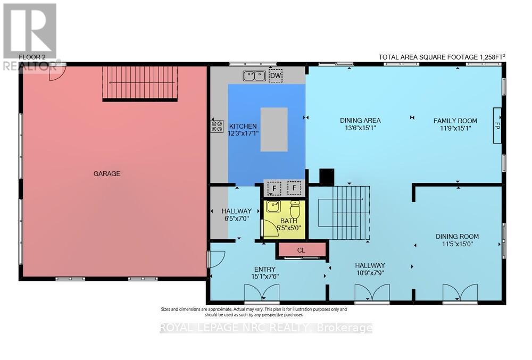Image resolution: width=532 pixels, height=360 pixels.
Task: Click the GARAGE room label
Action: tap(107, 173)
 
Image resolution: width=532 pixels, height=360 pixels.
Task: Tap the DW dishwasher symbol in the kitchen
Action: tap(275, 76)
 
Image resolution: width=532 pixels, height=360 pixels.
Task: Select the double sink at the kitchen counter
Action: tap(254, 76)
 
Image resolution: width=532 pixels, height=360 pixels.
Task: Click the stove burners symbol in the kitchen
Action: tap(217, 126)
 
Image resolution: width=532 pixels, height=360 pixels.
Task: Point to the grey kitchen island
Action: tap(274, 129)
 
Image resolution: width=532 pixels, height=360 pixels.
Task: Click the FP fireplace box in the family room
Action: tap(497, 125)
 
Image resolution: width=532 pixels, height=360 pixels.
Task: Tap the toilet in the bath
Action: tap(295, 209)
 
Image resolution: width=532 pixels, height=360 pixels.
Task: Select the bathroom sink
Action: tap(273, 206)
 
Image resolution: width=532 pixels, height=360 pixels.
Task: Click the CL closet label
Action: tap(301, 250)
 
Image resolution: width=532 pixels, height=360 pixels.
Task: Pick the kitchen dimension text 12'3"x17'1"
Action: tap(243, 133)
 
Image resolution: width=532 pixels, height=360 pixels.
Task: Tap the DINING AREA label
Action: tap(360, 121)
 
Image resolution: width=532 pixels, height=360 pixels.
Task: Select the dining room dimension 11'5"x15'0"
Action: tap(457, 244)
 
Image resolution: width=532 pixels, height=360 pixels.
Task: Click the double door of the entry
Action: tap(261, 293)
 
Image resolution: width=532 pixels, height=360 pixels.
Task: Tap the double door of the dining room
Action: tap(460, 293)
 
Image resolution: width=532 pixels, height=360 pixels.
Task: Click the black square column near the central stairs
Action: tap(326, 177)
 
